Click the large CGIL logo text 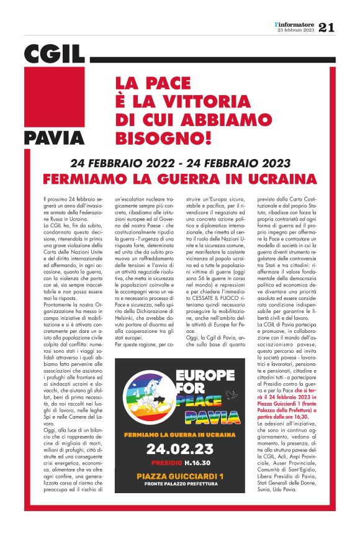tap(55, 54)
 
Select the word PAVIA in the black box tap(55, 137)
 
